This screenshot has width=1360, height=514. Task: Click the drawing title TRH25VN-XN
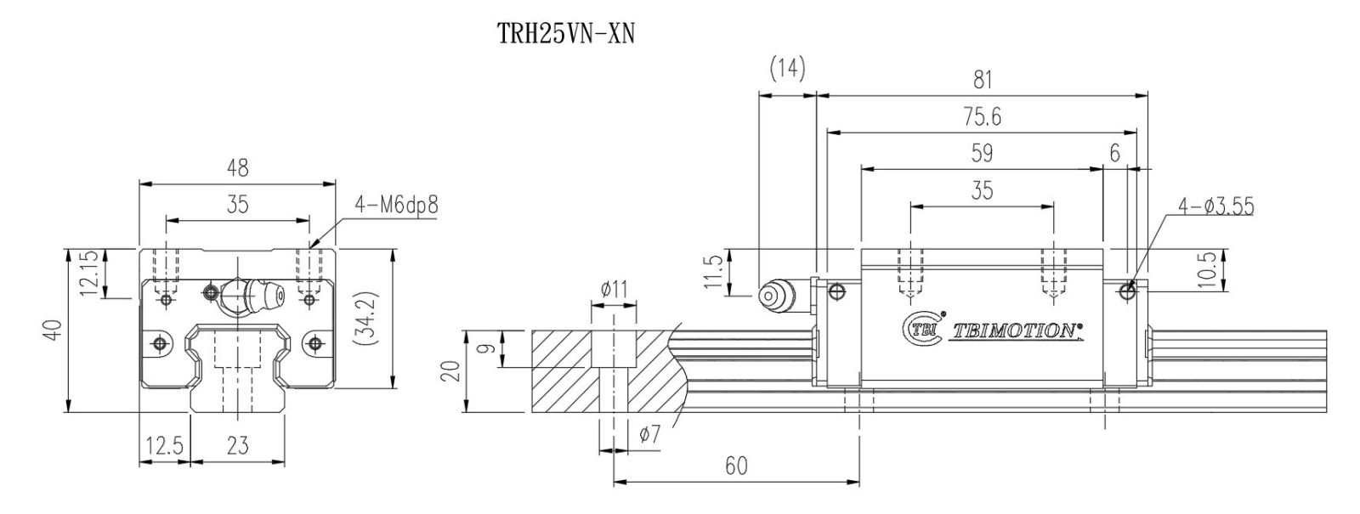[565, 37]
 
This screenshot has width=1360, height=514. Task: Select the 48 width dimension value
[238, 168]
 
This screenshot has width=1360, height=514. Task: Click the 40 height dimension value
[53, 330]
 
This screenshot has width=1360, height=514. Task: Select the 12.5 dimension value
[164, 446]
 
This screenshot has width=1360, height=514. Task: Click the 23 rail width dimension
[238, 446]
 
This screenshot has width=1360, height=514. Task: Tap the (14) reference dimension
[786, 70]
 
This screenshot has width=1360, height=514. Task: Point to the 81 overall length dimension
[982, 80]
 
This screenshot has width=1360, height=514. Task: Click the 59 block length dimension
[981, 153]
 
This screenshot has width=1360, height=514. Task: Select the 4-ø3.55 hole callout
[1216, 206]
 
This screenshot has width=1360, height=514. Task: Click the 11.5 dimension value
[714, 272]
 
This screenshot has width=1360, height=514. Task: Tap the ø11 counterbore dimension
[613, 290]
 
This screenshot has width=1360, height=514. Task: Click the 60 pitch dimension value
[735, 466]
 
